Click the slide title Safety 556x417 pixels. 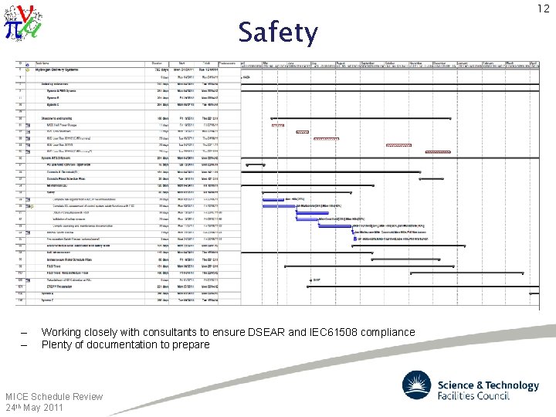[277, 33]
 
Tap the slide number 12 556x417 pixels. [542, 8]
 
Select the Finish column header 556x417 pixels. [206, 63]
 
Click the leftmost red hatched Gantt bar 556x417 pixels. [277, 125]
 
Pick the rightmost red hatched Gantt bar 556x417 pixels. [398, 145]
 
